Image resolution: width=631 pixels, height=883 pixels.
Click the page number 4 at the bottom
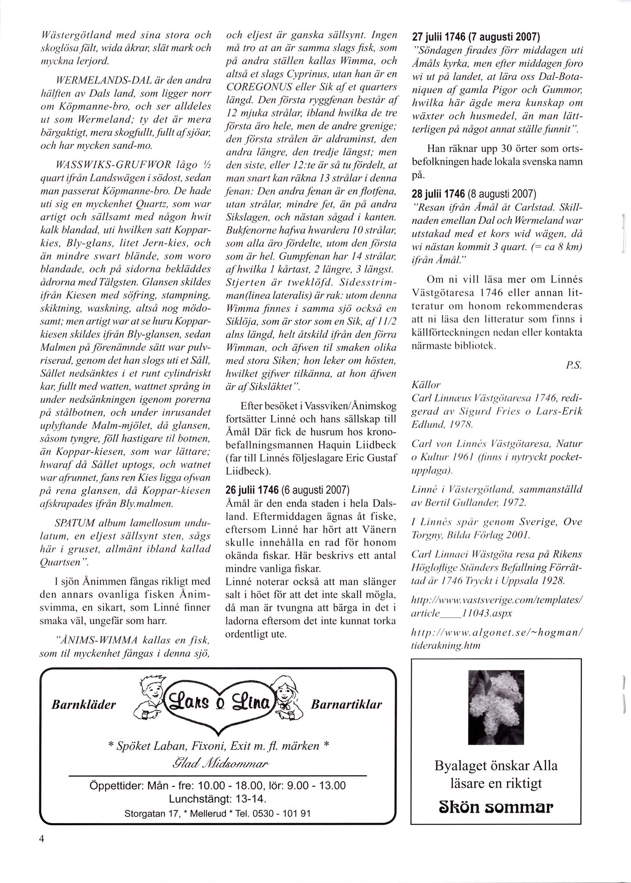[x=42, y=852]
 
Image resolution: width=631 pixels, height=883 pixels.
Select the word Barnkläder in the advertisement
[x=84, y=705]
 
